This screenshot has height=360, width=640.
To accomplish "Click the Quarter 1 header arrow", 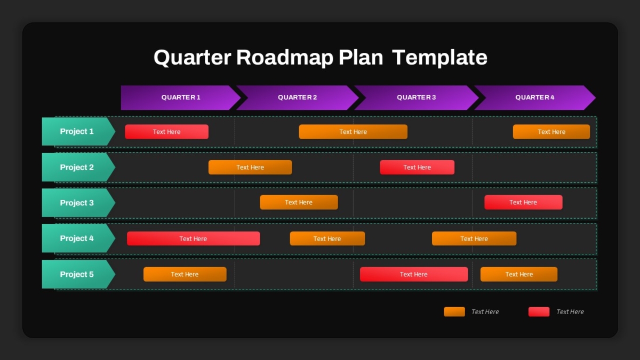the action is point(181,98).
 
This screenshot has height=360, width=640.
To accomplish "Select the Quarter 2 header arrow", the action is point(297,98).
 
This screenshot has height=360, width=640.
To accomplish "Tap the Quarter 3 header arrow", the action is point(417,98).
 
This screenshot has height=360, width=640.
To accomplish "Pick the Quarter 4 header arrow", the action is point(535,98).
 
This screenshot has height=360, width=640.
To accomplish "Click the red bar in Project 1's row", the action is point(166,132).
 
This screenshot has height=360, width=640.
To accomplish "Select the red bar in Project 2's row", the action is point(417,167).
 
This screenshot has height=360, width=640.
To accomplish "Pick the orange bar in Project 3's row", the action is point(299,202).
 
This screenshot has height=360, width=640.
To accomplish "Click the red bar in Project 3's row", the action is point(523,202).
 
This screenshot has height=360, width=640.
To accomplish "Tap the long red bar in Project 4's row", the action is point(194,238).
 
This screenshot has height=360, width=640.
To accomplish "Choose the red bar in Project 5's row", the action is point(414,274).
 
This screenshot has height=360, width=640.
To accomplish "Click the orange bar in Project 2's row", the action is point(250,167).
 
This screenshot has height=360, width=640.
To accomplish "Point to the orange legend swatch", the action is point(454,311).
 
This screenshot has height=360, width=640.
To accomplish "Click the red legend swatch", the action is point(539,311).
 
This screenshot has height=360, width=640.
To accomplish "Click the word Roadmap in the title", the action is point(285,58).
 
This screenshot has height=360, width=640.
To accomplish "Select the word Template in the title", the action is point(439,58).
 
